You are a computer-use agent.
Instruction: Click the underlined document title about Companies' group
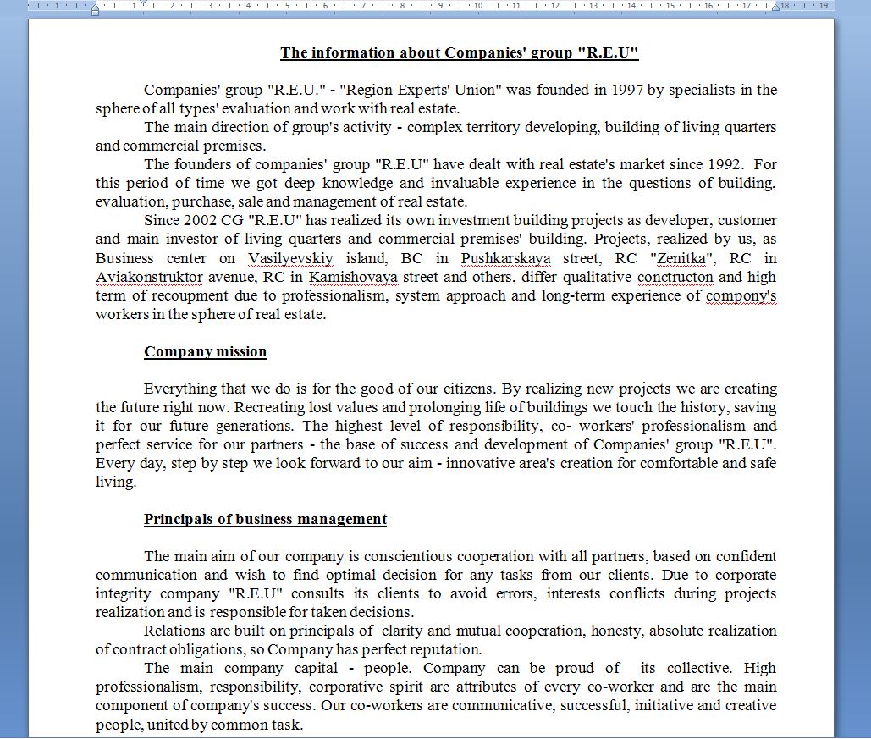pos(459,53)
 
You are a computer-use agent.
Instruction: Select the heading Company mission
pos(205,352)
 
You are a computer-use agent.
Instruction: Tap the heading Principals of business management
pos(265,520)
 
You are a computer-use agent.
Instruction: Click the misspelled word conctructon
pos(675,277)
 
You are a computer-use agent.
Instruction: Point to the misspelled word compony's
pos(741,295)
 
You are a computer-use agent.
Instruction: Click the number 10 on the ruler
pos(478,5)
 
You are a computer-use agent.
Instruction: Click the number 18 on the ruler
pos(785,5)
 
